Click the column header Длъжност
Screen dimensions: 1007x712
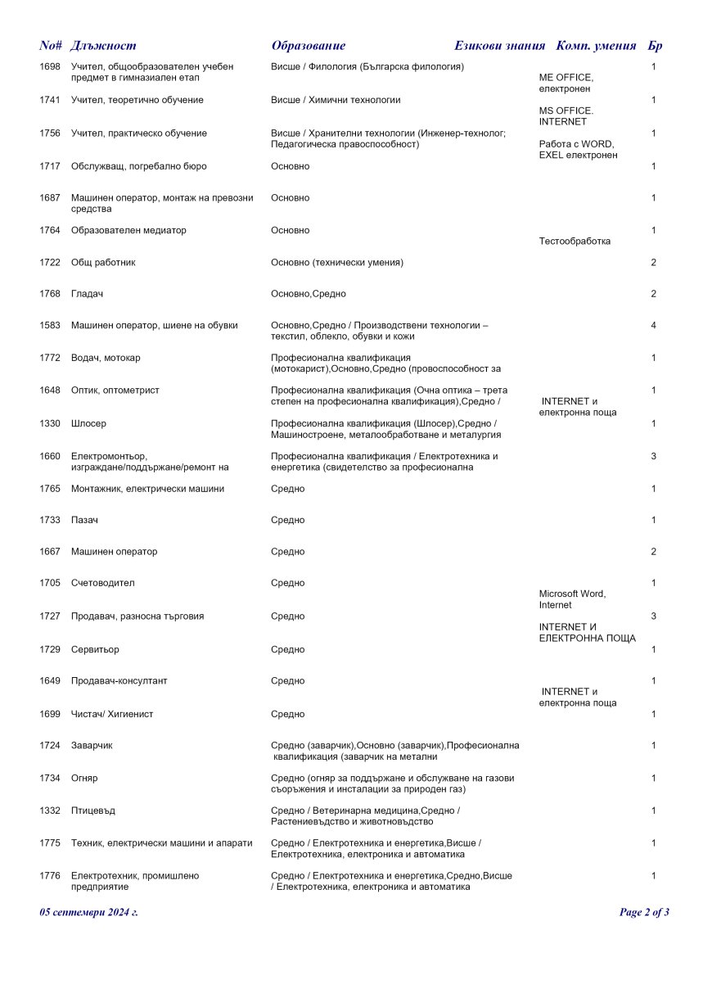coord(103,46)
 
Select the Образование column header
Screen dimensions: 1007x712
coord(308,46)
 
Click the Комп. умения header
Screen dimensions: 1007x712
coord(596,46)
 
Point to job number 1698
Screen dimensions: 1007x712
coord(50,66)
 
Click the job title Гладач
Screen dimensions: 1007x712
coord(88,294)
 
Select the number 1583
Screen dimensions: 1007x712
coord(50,326)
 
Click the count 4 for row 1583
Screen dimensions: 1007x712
coord(654,326)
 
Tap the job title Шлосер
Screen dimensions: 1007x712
coord(88,424)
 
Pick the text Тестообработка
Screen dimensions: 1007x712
coord(575,242)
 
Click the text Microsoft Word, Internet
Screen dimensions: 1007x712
coord(572,599)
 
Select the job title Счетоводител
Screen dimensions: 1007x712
coord(102,584)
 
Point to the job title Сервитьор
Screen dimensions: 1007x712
coord(95,650)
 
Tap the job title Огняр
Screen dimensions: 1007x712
coord(84,779)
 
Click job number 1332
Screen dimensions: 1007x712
coord(50,811)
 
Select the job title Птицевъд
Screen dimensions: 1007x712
coord(93,811)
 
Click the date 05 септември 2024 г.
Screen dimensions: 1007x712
coord(88,912)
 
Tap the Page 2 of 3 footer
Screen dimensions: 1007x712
coord(644,912)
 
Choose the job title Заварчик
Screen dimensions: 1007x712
coord(92,746)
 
